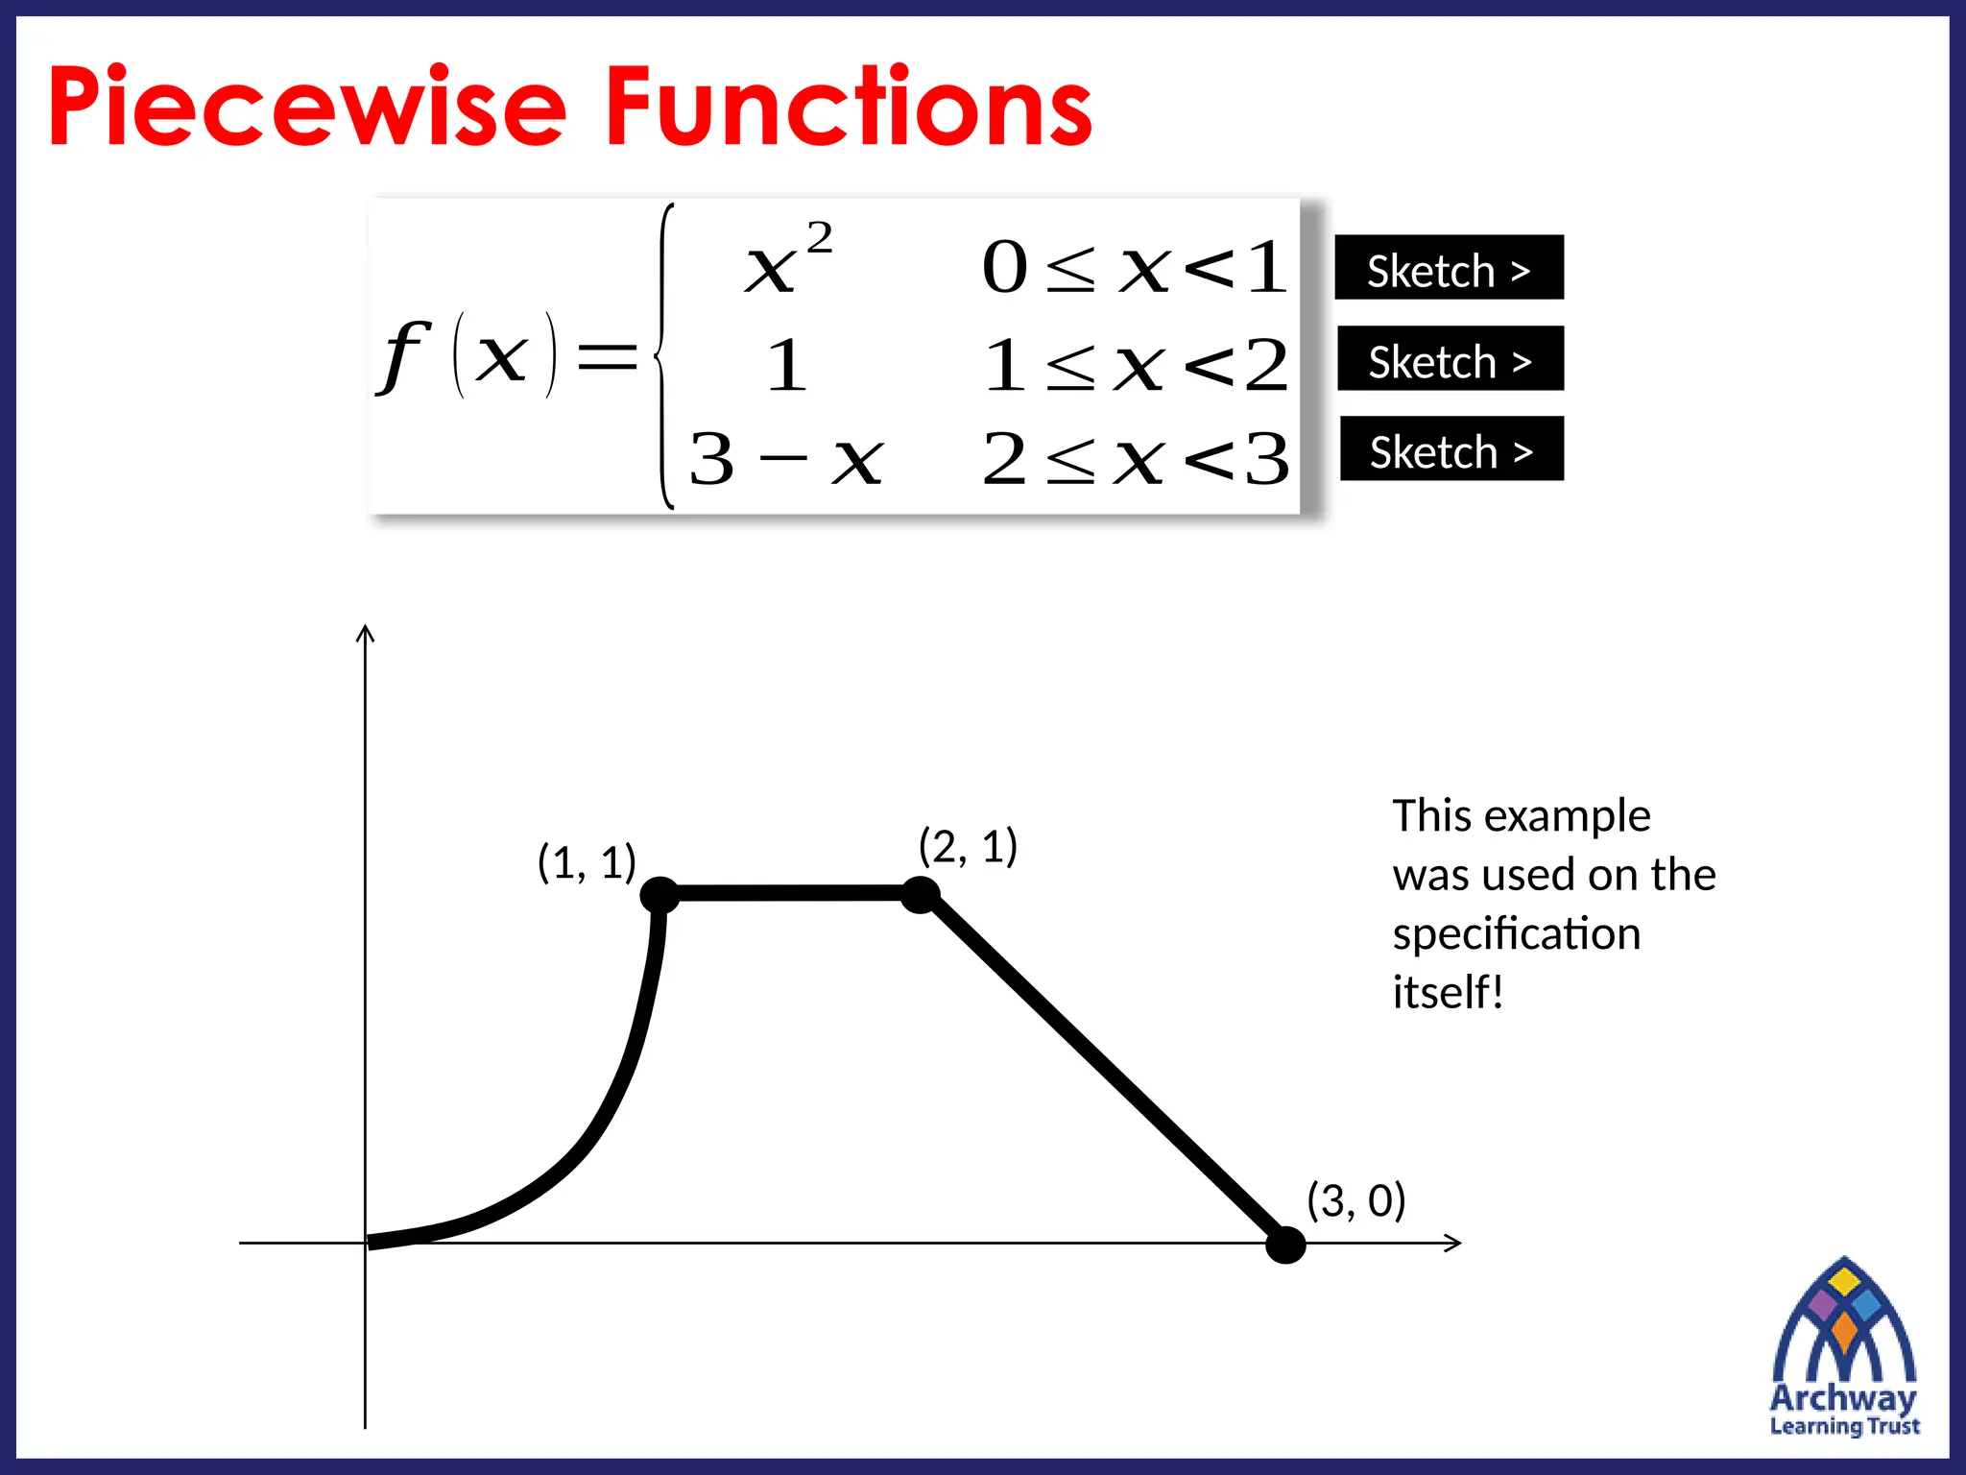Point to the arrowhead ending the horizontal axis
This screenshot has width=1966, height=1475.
click(x=1453, y=1243)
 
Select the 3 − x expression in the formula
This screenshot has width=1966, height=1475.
click(x=785, y=459)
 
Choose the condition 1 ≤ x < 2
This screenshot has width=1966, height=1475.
click(x=1136, y=365)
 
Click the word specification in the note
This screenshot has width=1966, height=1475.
click(x=1517, y=934)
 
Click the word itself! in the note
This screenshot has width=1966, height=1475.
click(x=1448, y=993)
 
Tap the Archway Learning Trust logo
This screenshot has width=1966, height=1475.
click(x=1844, y=1349)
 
